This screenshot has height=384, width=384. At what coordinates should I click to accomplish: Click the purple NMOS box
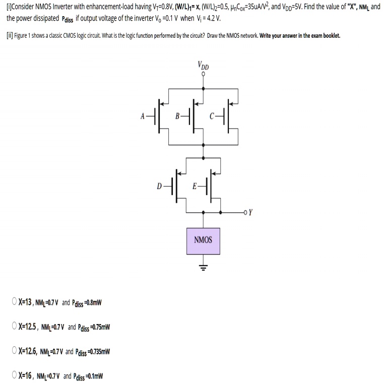[x=203, y=239]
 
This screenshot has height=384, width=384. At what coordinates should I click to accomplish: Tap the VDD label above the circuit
[x=204, y=66]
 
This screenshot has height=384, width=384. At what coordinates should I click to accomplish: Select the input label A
[x=143, y=116]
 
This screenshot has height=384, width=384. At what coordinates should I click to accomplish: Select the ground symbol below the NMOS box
[x=203, y=268]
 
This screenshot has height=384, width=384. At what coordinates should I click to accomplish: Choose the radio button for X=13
[x=14, y=302]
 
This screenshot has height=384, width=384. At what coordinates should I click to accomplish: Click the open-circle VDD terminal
[x=203, y=74]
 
